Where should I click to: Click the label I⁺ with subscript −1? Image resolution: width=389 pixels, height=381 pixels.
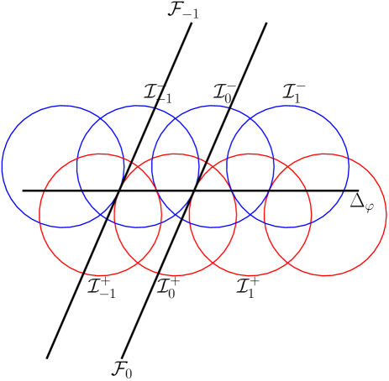click(101, 286)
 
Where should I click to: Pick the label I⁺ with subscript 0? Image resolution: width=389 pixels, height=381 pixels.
click(169, 287)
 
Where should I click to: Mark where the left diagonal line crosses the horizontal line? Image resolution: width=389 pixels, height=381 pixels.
click(118, 190)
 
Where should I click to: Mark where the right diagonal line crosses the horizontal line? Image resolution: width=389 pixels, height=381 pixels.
click(194, 190)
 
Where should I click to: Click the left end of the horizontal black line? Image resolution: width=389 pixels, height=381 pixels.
click(23, 190)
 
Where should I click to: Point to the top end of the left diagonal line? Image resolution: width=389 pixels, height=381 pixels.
click(192, 23)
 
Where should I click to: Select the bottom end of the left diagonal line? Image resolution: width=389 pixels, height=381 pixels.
click(47, 358)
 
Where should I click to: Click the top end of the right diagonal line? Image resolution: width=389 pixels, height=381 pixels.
click(266, 23)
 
